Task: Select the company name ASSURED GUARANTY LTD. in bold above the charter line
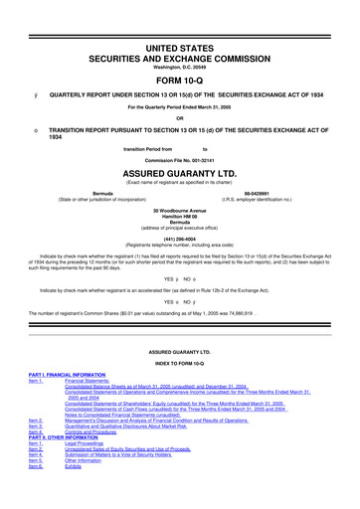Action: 179,170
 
